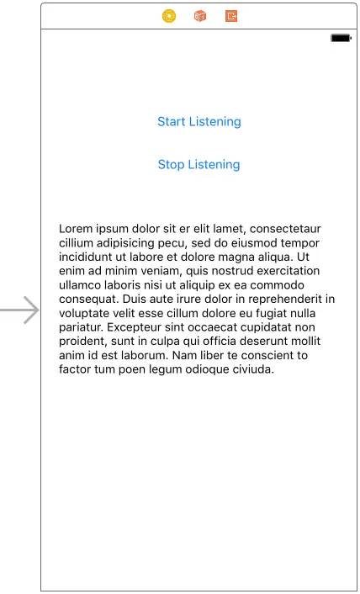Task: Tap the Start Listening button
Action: pos(199,122)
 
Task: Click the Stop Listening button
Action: pos(199,165)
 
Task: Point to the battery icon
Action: pos(341,39)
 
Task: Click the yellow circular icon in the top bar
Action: pos(169,16)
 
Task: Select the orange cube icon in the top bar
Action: pos(200,16)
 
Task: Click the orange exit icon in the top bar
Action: pos(231,16)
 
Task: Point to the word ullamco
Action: pos(82,285)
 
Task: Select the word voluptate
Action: pos(87,313)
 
